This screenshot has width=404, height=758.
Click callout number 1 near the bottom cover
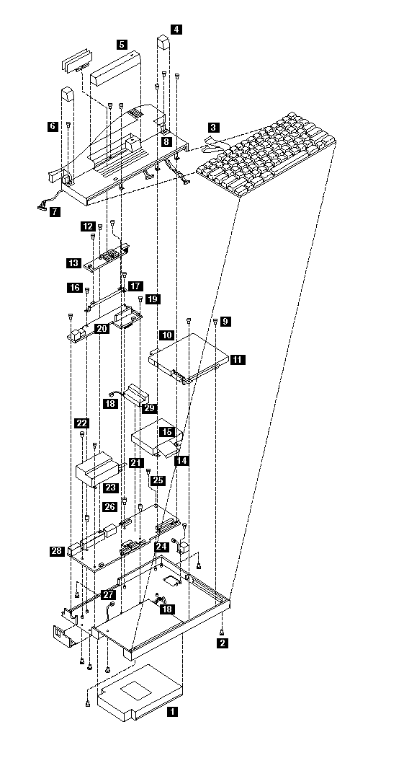pyautogui.click(x=172, y=711)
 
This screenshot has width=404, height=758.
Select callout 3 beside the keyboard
pyautogui.click(x=214, y=128)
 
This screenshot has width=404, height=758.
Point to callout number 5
pyautogui.click(x=122, y=45)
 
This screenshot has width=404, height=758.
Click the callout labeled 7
pyautogui.click(x=55, y=211)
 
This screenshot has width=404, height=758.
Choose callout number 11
pyautogui.click(x=238, y=359)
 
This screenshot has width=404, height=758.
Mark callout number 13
pyautogui.click(x=74, y=263)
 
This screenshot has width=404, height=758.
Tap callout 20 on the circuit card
pyautogui.click(x=102, y=329)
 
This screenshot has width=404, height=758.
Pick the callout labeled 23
pyautogui.click(x=111, y=488)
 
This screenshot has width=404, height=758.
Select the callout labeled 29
pyautogui.click(x=149, y=408)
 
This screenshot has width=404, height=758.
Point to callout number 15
pyautogui.click(x=166, y=431)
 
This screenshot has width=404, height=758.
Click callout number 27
pyautogui.click(x=107, y=594)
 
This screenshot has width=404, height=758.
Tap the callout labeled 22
pyautogui.click(x=82, y=423)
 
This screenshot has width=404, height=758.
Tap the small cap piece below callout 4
pyautogui.click(x=164, y=46)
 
